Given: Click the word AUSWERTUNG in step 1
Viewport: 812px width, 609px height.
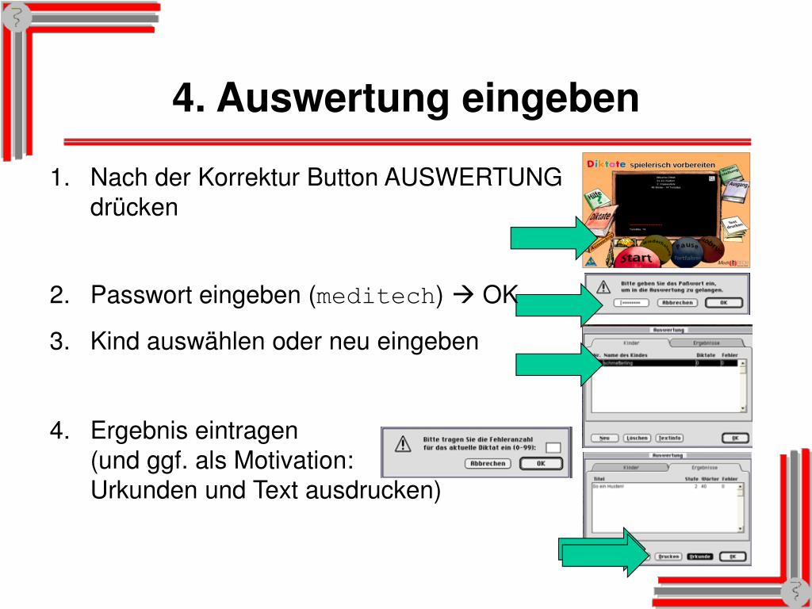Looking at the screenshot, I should pyautogui.click(x=473, y=177).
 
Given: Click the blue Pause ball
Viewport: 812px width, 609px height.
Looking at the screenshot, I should pyautogui.click(x=687, y=246).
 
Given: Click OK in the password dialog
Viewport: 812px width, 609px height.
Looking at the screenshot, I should pyautogui.click(x=722, y=302).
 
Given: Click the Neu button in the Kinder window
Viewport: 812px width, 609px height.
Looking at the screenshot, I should pyautogui.click(x=604, y=438).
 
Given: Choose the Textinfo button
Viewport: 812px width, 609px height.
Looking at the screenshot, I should pyautogui.click(x=669, y=438).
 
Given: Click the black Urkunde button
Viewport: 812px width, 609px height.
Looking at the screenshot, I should pyautogui.click(x=699, y=556).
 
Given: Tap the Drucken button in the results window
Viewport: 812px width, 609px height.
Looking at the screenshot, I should pyautogui.click(x=668, y=556).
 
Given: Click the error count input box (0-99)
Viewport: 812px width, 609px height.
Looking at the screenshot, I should pyautogui.click(x=553, y=447).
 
